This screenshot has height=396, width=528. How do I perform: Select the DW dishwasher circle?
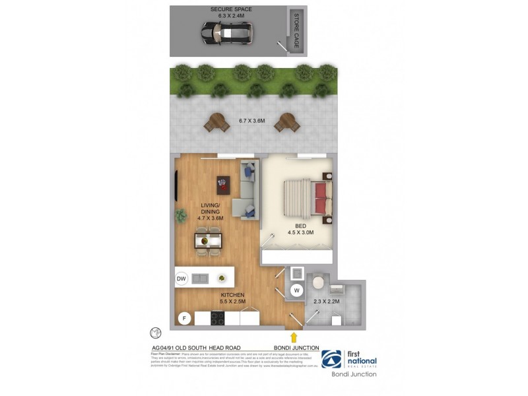[181, 279]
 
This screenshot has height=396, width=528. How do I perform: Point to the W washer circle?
[296, 289]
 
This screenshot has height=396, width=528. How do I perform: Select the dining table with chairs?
[208, 240]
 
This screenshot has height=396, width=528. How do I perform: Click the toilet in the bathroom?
[318, 282]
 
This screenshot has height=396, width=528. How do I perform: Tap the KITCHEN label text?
[233, 294]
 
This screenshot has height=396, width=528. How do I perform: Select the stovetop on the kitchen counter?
[218, 319]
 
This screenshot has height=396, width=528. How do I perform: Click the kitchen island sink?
[200, 279]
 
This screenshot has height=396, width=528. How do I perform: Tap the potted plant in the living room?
[181, 214]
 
